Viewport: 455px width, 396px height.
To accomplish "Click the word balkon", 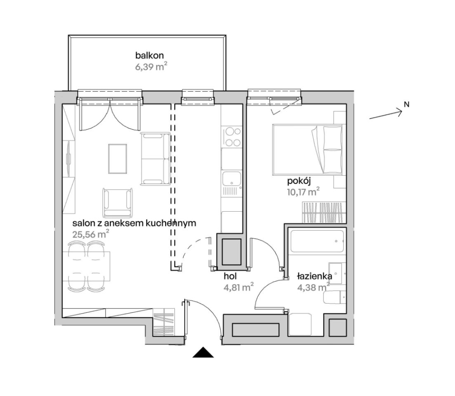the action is tap(149, 55).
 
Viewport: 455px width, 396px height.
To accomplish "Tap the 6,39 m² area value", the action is tap(151, 67).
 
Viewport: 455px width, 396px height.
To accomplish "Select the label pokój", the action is tap(299, 181).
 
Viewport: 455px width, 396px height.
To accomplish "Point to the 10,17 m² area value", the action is tap(304, 192).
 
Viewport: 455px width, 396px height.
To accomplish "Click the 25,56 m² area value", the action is tap(90, 234).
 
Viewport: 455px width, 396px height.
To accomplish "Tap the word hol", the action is tap(230, 276).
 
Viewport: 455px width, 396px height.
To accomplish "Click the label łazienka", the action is tap(315, 276).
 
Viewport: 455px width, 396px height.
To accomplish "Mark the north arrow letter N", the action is tap(407, 104).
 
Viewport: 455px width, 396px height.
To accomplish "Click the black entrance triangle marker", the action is tap(203, 352).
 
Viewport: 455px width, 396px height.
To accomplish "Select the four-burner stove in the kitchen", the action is tap(233, 137).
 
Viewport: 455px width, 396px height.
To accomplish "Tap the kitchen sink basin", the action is tap(231, 179).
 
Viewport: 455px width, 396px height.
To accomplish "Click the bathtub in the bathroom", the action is tap(317, 241).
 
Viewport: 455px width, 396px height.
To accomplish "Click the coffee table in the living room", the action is tap(118, 159).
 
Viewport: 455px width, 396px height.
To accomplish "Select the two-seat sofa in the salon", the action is tap(156, 159).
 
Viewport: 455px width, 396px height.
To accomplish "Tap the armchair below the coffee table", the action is tap(118, 202).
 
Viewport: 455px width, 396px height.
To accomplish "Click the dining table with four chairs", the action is tap(87, 266).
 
